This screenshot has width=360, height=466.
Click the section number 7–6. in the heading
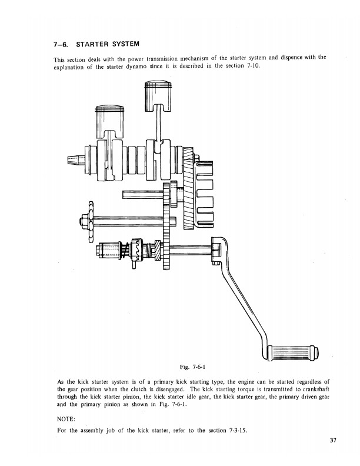point(61,45)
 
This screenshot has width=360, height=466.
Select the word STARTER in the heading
point(93,44)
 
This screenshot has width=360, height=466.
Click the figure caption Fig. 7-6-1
point(193,367)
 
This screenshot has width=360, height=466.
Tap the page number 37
point(333,441)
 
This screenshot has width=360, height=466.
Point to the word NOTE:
point(66,419)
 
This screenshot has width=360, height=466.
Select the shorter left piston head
point(109,121)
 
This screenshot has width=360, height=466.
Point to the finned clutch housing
point(202,194)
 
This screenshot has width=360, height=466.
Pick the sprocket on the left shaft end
point(90,221)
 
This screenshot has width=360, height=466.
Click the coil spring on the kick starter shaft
point(125,250)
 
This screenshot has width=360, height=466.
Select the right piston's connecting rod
point(158,125)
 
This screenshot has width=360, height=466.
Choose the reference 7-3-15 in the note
point(238,430)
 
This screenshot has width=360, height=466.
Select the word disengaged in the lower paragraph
point(171,390)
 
